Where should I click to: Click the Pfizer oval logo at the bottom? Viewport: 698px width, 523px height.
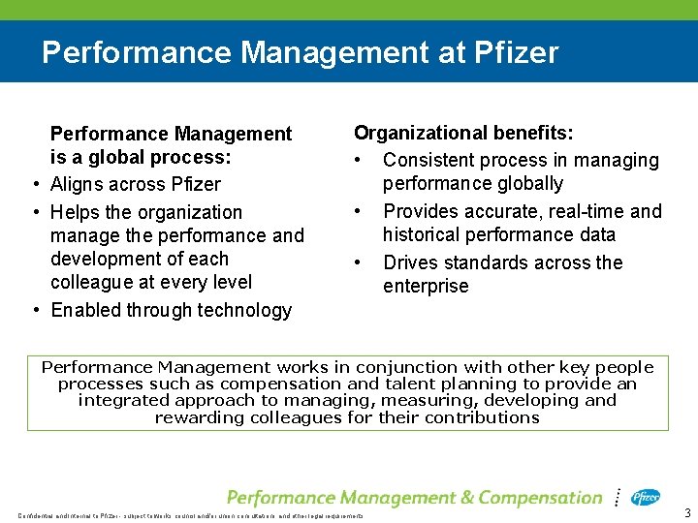[646, 498]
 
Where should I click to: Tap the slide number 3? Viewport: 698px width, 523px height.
[687, 512]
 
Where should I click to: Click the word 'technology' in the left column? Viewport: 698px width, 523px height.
[246, 310]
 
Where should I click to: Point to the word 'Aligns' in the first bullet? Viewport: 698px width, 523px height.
[79, 184]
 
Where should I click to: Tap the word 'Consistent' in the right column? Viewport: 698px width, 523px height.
[431, 161]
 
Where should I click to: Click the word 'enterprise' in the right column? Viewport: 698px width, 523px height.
[426, 286]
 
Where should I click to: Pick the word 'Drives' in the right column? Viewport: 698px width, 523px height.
[413, 262]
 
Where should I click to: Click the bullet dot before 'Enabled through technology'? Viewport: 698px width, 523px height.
[35, 310]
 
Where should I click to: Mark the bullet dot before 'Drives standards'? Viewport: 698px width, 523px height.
[359, 262]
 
